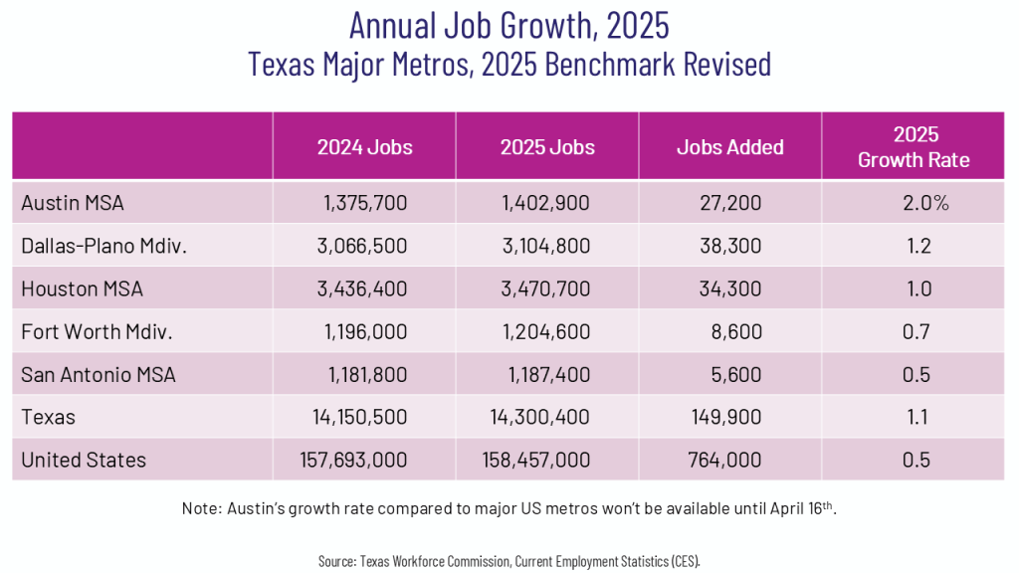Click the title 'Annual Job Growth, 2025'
[x=509, y=24]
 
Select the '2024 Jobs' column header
[x=364, y=147]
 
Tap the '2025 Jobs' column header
[x=547, y=147]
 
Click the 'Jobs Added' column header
[x=729, y=147]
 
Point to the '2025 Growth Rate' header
[x=913, y=147]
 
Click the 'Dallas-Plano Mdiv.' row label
[x=103, y=246]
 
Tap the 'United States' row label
[x=84, y=460]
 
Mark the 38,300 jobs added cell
[x=729, y=246]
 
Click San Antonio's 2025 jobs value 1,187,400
[x=547, y=374]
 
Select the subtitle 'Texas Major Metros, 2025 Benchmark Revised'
[x=509, y=64]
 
